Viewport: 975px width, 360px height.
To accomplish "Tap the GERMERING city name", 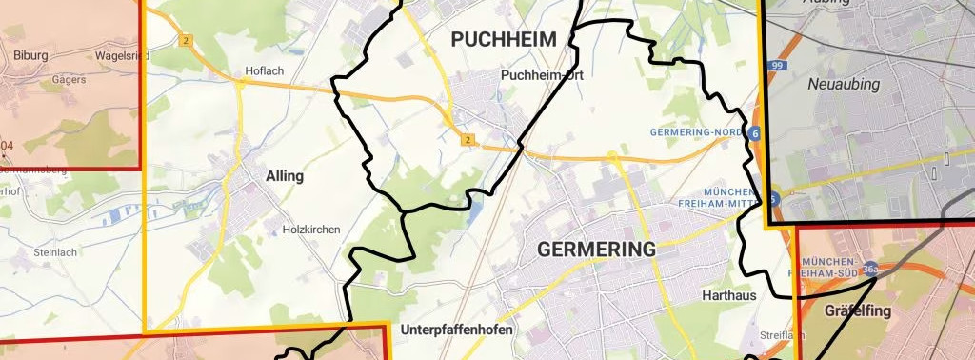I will [597, 250].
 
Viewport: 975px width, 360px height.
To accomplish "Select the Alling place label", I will [286, 176].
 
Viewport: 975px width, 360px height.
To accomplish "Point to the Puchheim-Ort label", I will [541, 74].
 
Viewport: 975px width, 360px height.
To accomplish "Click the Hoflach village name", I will [265, 70].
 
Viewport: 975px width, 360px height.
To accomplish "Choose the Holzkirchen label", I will [311, 230].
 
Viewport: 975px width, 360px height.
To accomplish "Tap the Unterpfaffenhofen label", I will [457, 330].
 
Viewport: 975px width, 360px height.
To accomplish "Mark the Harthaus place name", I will [728, 295].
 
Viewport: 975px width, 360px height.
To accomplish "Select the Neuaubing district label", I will [844, 85].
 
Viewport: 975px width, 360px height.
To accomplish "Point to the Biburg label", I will [30, 55].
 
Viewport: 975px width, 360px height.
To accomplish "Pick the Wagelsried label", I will [122, 56].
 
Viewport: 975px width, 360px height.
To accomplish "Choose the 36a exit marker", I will [870, 270].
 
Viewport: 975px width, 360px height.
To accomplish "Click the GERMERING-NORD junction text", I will [696, 130].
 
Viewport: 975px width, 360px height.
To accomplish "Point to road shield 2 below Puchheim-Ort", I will [467, 140].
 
